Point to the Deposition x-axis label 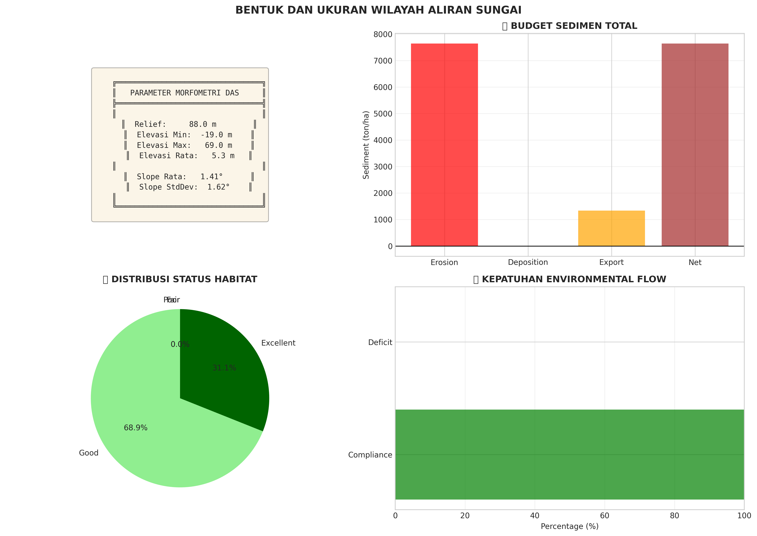point(528,262)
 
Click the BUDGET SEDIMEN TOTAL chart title point(574,26)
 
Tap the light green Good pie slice point(149,429)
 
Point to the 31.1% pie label point(224,368)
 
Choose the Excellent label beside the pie point(278,343)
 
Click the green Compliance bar point(569,455)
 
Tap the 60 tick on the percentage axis point(604,516)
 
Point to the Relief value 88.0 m point(202,124)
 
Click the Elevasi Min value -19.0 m point(216,135)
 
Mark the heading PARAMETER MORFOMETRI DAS point(184,93)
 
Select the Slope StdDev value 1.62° point(218,187)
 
